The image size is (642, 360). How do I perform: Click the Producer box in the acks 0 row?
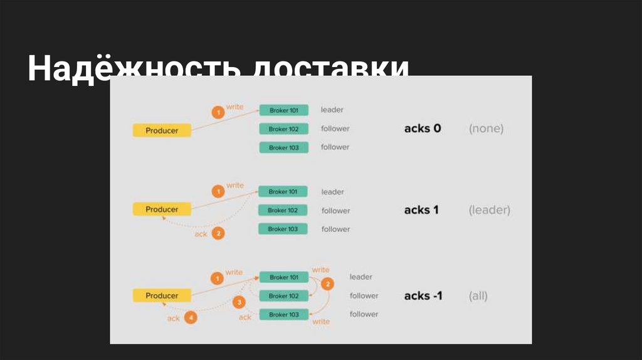[x=162, y=130]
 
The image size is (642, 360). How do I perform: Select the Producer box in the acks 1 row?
[x=162, y=209]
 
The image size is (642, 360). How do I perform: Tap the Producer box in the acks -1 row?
[x=162, y=295]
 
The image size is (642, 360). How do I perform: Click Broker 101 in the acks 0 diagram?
[x=283, y=110]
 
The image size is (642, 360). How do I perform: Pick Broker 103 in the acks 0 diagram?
[x=283, y=147]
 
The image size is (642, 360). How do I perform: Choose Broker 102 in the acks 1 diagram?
[x=283, y=210]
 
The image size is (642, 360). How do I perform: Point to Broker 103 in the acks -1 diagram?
[x=283, y=314]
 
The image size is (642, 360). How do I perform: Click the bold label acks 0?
[x=423, y=129]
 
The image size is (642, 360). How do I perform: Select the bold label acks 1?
[x=421, y=210]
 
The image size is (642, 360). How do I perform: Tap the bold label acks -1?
[x=423, y=295]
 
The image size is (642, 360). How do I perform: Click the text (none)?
[x=486, y=129]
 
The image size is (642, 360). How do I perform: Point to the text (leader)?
[x=489, y=210]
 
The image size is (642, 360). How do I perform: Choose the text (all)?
[x=478, y=295]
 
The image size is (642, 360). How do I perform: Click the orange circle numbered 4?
[x=191, y=318]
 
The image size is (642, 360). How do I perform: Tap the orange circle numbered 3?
[x=239, y=302]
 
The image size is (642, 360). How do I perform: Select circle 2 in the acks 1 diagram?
[x=218, y=233]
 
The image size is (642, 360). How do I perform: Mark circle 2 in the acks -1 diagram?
[x=327, y=284]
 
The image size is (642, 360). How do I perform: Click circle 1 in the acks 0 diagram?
[x=218, y=113]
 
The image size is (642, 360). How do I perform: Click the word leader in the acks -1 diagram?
[x=361, y=277]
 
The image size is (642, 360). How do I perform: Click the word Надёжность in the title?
[x=131, y=69]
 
